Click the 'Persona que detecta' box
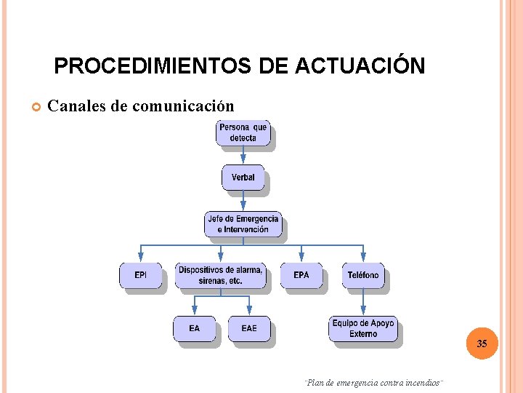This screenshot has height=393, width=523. click(x=243, y=133)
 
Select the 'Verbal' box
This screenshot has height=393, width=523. click(x=243, y=178)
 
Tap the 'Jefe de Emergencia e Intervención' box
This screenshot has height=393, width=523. click(x=243, y=224)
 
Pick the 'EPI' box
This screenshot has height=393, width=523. click(x=140, y=275)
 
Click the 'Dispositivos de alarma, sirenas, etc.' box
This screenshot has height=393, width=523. click(x=220, y=275)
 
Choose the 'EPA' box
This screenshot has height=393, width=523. click(x=301, y=275)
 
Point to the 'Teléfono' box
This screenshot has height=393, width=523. click(x=363, y=275)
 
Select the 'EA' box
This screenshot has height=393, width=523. click(x=194, y=328)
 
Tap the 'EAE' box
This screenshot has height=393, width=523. click(x=249, y=328)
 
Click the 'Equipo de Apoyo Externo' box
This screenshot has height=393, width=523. click(x=362, y=329)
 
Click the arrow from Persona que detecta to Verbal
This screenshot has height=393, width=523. click(x=243, y=155)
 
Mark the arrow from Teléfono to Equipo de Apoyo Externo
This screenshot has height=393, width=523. click(x=363, y=302)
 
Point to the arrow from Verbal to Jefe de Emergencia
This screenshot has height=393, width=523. click(x=243, y=201)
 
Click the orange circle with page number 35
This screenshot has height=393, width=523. click(x=482, y=344)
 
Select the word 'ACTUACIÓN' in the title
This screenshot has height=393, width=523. click(x=360, y=66)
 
